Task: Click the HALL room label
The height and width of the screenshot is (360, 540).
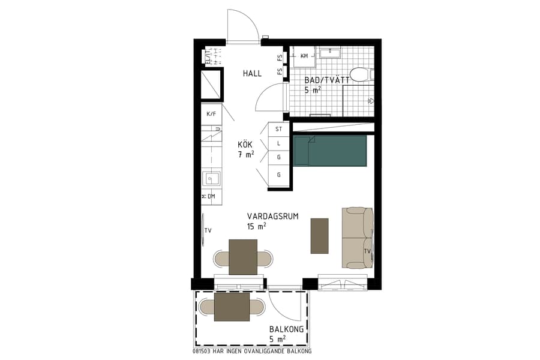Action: [x=252, y=74]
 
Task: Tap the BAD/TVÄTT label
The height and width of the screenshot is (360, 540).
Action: [x=327, y=80]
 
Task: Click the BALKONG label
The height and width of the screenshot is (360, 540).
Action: [x=286, y=330]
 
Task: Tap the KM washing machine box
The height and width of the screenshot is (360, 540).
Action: [x=304, y=56]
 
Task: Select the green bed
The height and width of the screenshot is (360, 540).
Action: [x=330, y=151]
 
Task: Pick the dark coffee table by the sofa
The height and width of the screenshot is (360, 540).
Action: [x=320, y=235]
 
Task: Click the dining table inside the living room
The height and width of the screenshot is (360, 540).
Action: [x=243, y=257]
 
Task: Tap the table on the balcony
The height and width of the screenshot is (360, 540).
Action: [x=232, y=307]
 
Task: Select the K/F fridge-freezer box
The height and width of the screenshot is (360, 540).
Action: [x=211, y=113]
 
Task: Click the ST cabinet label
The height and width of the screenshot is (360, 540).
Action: [x=278, y=129]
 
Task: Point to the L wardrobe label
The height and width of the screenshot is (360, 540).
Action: [x=278, y=143]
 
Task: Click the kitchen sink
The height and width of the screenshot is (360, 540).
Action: [x=211, y=178]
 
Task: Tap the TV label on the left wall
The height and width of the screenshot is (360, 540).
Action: [x=208, y=230]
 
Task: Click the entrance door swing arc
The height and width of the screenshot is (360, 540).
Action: [x=246, y=24]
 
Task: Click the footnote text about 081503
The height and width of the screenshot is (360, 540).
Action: [x=253, y=351]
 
